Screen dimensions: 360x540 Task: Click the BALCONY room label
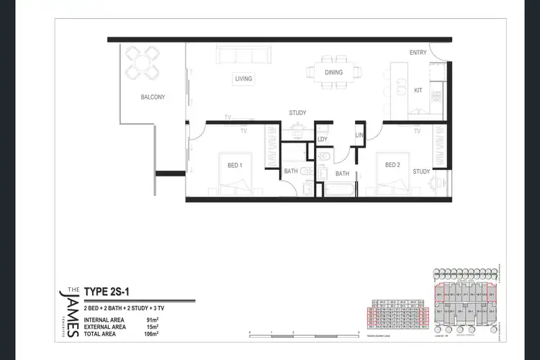point(153,97)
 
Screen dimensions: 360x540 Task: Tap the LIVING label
point(243,78)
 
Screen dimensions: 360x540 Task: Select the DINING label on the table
point(333,72)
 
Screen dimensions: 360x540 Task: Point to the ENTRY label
point(418,53)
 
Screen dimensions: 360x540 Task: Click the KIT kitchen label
point(418,91)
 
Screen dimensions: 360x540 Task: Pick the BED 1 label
point(235,166)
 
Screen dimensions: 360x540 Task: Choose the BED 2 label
point(392,165)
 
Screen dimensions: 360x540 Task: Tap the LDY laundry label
point(323,140)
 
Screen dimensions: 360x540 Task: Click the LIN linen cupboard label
point(359,136)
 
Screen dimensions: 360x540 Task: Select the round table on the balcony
point(140,62)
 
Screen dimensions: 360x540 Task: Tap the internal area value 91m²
point(152,319)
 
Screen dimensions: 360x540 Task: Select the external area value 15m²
point(152,327)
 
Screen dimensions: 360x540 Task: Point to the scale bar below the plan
point(303,333)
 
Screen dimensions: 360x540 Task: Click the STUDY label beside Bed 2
point(421,171)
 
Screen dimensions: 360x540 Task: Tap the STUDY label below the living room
point(298,113)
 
